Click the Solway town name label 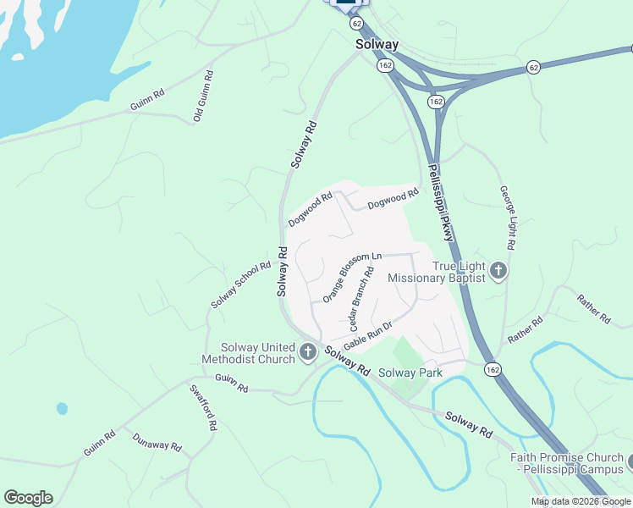(377, 44)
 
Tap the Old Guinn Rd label (204, 96)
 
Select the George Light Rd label (508, 218)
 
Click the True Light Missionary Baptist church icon (498, 271)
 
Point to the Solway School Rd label (241, 284)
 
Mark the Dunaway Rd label (157, 442)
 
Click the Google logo (28, 498)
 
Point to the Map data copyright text (581, 501)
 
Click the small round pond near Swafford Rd (62, 408)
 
